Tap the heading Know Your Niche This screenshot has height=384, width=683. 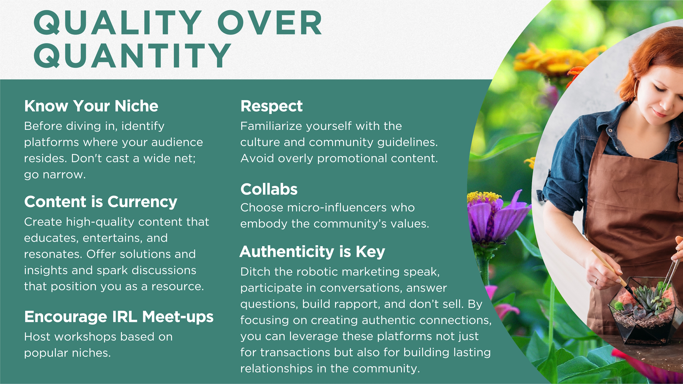(x=91, y=106)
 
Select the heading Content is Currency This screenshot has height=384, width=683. (x=101, y=202)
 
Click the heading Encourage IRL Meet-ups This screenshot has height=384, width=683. (x=119, y=317)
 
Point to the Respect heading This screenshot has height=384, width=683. (x=271, y=106)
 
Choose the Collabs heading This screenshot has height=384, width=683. (x=269, y=189)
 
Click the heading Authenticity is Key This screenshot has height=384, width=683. (x=312, y=252)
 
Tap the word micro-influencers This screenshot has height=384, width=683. (x=337, y=208)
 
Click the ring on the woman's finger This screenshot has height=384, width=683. (x=596, y=281)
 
